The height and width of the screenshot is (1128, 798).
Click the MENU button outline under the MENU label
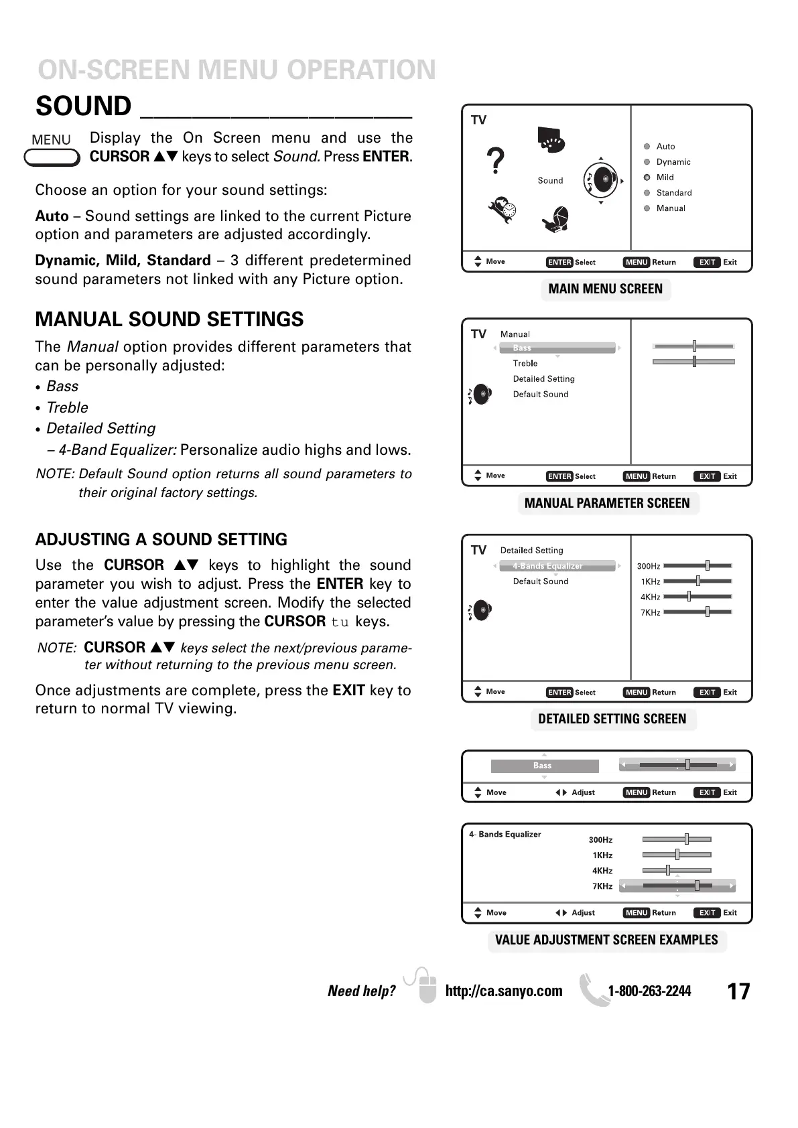pyautogui.click(x=52, y=158)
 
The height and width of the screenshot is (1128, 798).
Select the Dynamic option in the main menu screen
pyautogui.click(x=673, y=162)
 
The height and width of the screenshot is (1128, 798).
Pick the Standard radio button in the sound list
pyautogui.click(x=647, y=193)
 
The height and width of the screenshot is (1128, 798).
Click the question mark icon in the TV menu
pyautogui.click(x=495, y=161)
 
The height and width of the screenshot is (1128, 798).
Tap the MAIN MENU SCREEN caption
pyautogui.click(x=605, y=289)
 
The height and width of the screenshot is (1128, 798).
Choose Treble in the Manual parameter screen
pyautogui.click(x=525, y=364)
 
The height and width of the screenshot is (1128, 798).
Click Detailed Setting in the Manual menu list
pyautogui.click(x=543, y=379)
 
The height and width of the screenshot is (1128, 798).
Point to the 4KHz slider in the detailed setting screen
pyautogui.click(x=697, y=597)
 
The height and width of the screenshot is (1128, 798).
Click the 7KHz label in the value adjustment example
pyautogui.click(x=602, y=886)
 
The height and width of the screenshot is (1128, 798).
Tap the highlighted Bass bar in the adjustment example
pyautogui.click(x=544, y=766)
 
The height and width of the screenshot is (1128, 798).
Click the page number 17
pyautogui.click(x=738, y=991)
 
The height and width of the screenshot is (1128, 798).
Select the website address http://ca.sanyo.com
pyautogui.click(x=504, y=991)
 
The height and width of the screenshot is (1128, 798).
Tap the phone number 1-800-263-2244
pyautogui.click(x=649, y=991)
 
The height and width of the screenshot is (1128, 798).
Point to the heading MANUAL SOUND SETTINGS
pyautogui.click(x=170, y=320)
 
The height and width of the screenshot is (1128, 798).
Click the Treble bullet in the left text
pyautogui.click(x=67, y=408)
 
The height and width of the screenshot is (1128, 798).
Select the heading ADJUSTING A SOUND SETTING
pyautogui.click(x=161, y=540)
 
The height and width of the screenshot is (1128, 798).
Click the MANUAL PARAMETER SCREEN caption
pyautogui.click(x=607, y=504)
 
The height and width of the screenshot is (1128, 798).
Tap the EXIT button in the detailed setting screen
pyautogui.click(x=708, y=693)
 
